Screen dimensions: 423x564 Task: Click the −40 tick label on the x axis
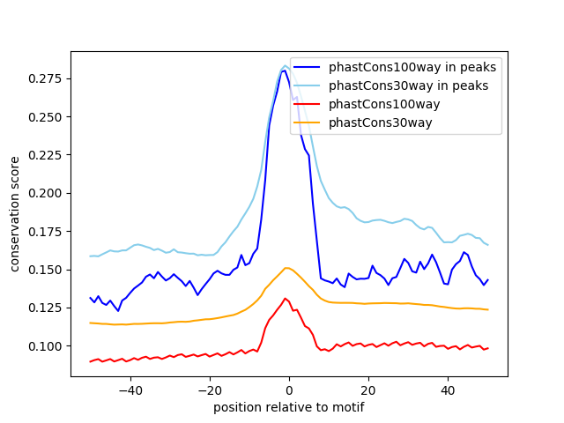(130, 390)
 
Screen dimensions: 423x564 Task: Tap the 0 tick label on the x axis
(289, 390)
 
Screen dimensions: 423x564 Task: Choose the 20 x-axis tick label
(368, 390)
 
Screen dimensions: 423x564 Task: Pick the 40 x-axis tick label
(448, 390)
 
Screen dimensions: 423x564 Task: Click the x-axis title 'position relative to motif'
(289, 407)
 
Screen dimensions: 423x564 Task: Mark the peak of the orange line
(287, 268)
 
